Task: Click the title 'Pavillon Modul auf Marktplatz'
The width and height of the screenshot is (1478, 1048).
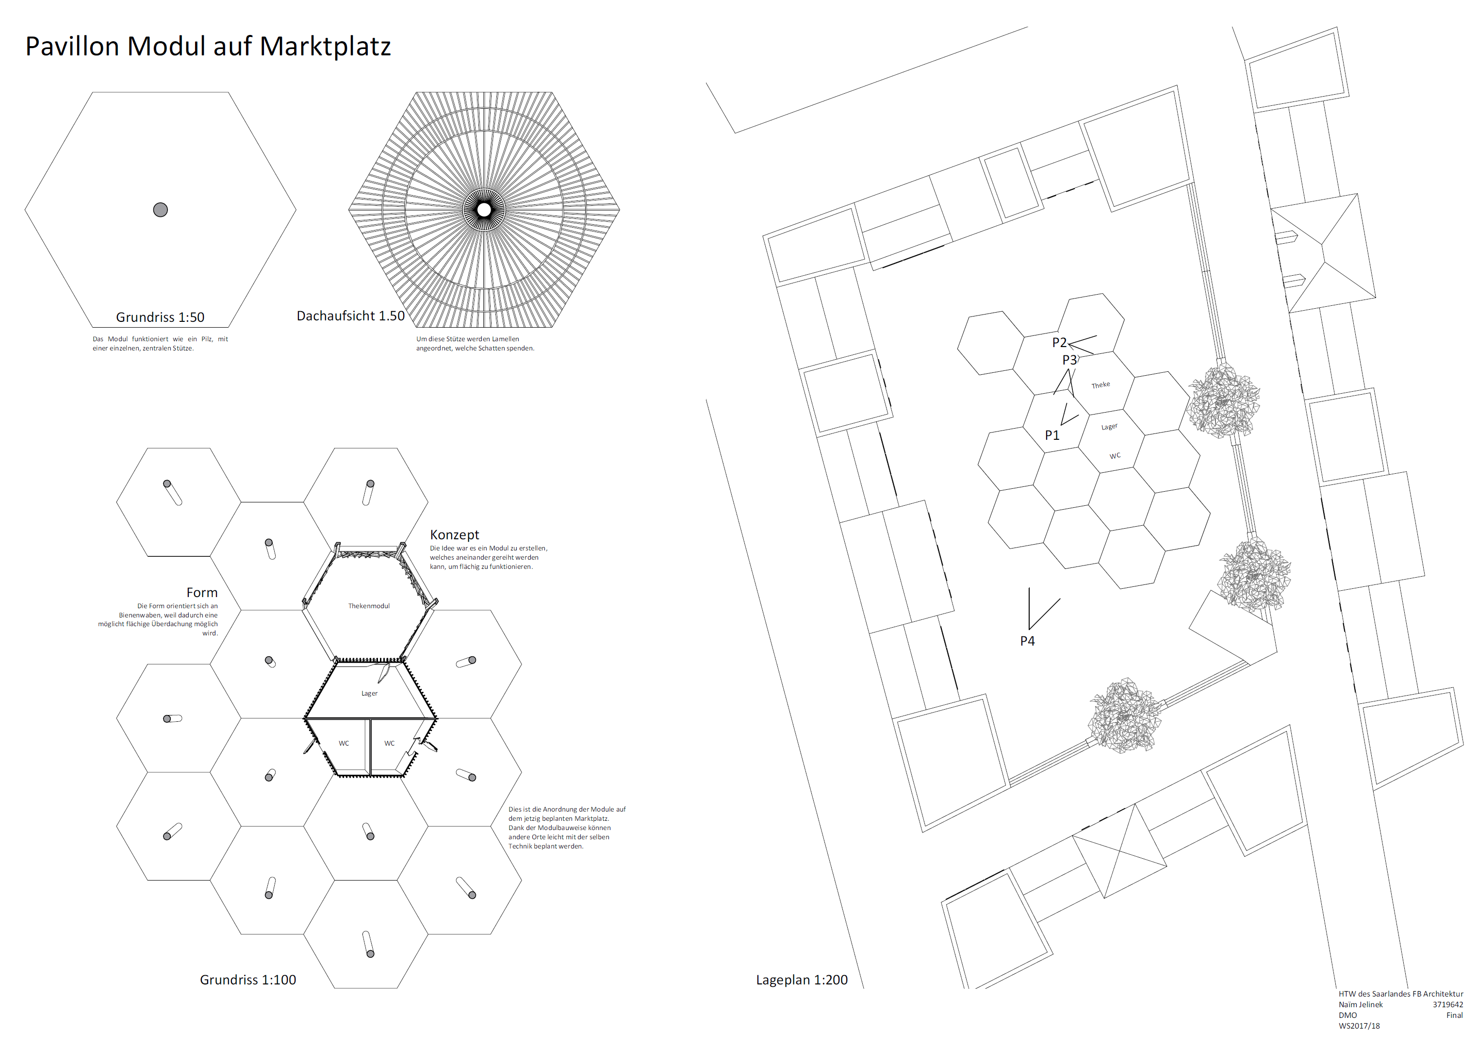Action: pos(208,47)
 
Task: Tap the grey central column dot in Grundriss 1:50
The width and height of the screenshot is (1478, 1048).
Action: pos(161,210)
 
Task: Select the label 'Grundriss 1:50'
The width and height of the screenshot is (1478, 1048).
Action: pos(160,317)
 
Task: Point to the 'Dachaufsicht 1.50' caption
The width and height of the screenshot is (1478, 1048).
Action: pos(350,316)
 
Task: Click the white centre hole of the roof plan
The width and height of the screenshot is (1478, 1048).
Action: pos(484,210)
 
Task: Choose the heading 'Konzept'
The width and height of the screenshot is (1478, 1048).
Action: pos(454,535)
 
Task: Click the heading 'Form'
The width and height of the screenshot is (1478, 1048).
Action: pos(202,592)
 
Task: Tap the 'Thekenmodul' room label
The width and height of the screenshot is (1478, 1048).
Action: pos(369,606)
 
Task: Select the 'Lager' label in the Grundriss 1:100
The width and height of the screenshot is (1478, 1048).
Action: pos(369,694)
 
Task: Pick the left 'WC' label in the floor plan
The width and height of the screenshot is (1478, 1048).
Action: pos(344,744)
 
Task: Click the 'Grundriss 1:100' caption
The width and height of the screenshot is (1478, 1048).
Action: pos(248,980)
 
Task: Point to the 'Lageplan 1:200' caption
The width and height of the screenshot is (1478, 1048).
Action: pos(801,980)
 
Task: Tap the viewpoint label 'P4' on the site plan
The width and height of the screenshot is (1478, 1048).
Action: pos(1027,641)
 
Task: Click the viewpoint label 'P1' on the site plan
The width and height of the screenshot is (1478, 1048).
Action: pos(1051,435)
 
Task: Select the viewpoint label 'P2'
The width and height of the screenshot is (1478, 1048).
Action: pos(1059,343)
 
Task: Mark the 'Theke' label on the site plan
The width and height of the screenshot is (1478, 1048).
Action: pos(1100,385)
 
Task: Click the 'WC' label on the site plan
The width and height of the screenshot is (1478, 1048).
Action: pos(1115,456)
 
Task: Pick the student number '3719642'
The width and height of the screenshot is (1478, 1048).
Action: pos(1448,1005)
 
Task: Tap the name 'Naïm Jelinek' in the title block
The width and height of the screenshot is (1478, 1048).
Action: pos(1361,1005)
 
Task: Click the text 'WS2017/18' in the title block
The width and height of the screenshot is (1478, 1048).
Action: pos(1359,1026)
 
